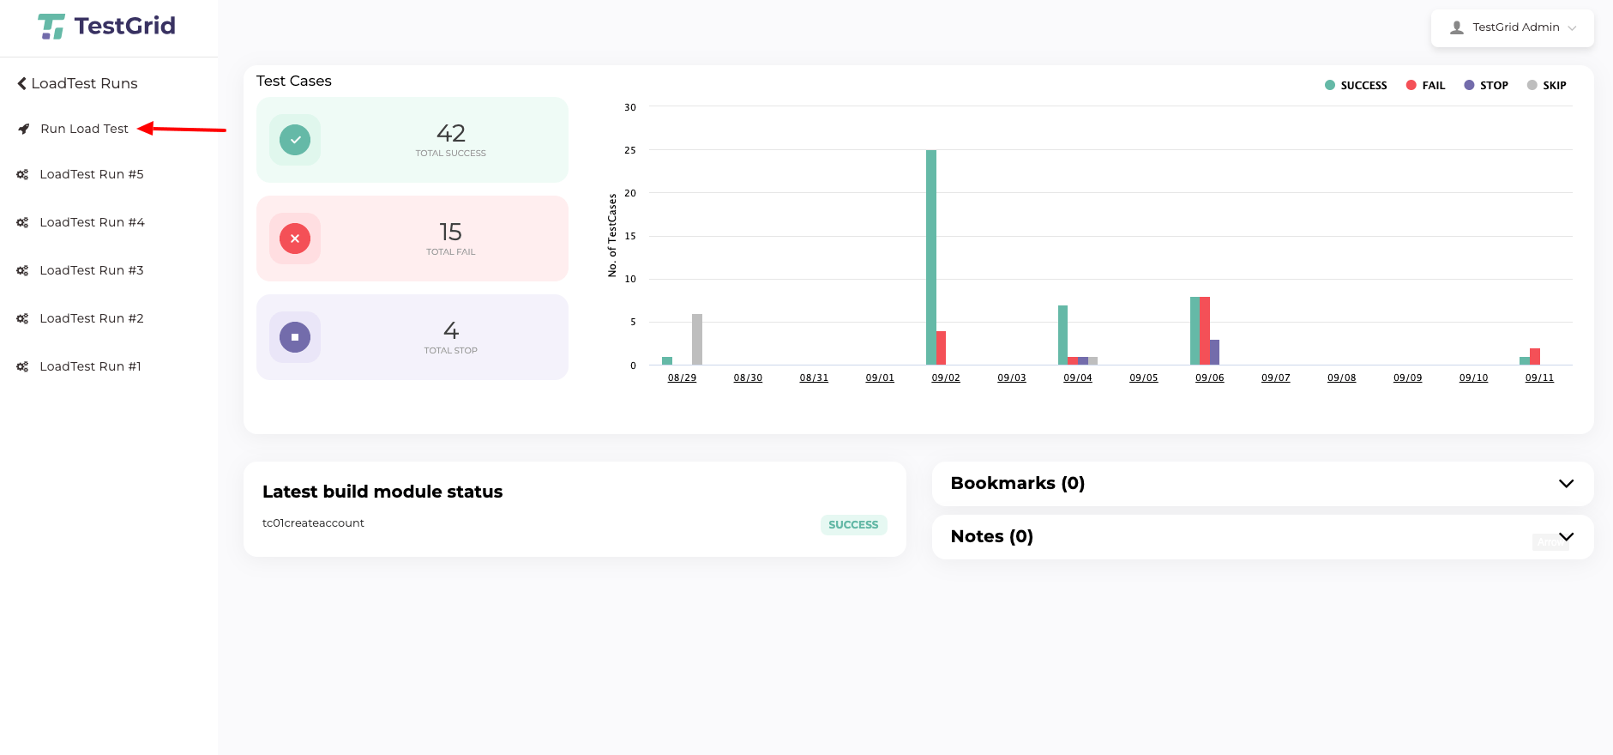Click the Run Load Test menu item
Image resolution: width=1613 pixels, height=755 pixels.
(x=84, y=129)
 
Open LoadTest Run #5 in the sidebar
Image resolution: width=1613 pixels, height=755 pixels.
(x=91, y=174)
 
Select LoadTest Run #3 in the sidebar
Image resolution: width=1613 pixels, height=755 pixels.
(x=91, y=270)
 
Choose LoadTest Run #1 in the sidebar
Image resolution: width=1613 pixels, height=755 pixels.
(x=90, y=366)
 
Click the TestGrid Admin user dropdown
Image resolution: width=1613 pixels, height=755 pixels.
(x=1513, y=27)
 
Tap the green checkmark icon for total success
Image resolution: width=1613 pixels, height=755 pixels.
(x=295, y=140)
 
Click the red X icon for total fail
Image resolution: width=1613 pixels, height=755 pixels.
(x=295, y=239)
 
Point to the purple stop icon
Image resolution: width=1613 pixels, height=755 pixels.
(x=295, y=337)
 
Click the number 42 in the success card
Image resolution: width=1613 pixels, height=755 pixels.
(x=451, y=133)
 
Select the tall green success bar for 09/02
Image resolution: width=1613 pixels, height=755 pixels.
(x=931, y=257)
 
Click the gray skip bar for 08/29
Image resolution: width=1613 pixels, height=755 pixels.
(x=697, y=340)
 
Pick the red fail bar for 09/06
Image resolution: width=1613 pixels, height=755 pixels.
(x=1205, y=330)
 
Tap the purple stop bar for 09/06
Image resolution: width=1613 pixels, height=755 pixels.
(x=1215, y=352)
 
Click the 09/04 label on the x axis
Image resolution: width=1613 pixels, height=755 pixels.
(x=1078, y=377)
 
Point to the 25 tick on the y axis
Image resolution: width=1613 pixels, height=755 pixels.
(x=630, y=150)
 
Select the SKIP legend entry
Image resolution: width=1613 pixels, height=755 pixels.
(x=1547, y=85)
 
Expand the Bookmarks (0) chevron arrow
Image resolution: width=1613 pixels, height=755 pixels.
(x=1566, y=484)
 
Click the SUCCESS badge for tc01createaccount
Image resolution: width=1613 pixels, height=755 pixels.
(x=853, y=524)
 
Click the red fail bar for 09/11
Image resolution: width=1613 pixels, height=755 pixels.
(x=1535, y=356)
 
